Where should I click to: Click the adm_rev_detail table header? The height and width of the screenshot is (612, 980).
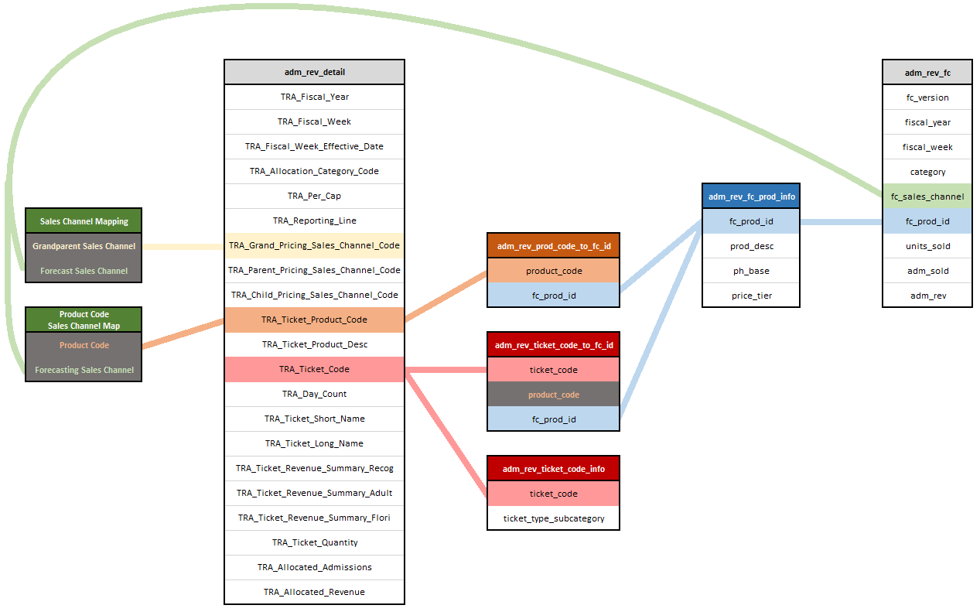[314, 72]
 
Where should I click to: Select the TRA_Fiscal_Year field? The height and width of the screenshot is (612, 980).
[314, 97]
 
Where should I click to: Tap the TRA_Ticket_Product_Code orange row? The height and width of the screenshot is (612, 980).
[314, 320]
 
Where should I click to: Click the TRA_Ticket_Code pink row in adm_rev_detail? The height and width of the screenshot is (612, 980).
[314, 369]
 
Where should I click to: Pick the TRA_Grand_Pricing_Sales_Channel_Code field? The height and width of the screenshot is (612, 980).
[314, 245]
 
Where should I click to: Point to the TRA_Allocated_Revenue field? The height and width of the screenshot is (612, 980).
[314, 592]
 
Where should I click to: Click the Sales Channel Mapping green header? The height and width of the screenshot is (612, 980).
[84, 221]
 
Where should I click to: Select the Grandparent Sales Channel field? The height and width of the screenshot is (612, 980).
[84, 246]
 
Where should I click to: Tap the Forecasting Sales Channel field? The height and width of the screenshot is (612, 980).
[84, 370]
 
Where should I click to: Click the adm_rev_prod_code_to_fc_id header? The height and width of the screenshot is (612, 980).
[553, 246]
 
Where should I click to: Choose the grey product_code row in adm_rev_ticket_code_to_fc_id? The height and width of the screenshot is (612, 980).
[553, 395]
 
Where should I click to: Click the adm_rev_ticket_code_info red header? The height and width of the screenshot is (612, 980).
[553, 469]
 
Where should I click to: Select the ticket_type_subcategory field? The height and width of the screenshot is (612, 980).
[553, 518]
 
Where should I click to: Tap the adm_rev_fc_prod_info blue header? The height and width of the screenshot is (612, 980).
[751, 197]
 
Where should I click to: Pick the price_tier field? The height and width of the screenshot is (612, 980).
[751, 296]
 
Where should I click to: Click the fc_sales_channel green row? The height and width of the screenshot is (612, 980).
[927, 197]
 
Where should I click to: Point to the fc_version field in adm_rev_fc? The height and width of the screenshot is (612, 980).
[927, 97]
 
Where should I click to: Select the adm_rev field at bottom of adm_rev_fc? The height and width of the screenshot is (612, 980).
[927, 296]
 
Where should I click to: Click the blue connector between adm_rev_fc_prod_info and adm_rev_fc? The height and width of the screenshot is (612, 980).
[841, 221]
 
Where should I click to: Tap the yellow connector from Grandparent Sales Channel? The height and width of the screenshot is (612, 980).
[183, 247]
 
